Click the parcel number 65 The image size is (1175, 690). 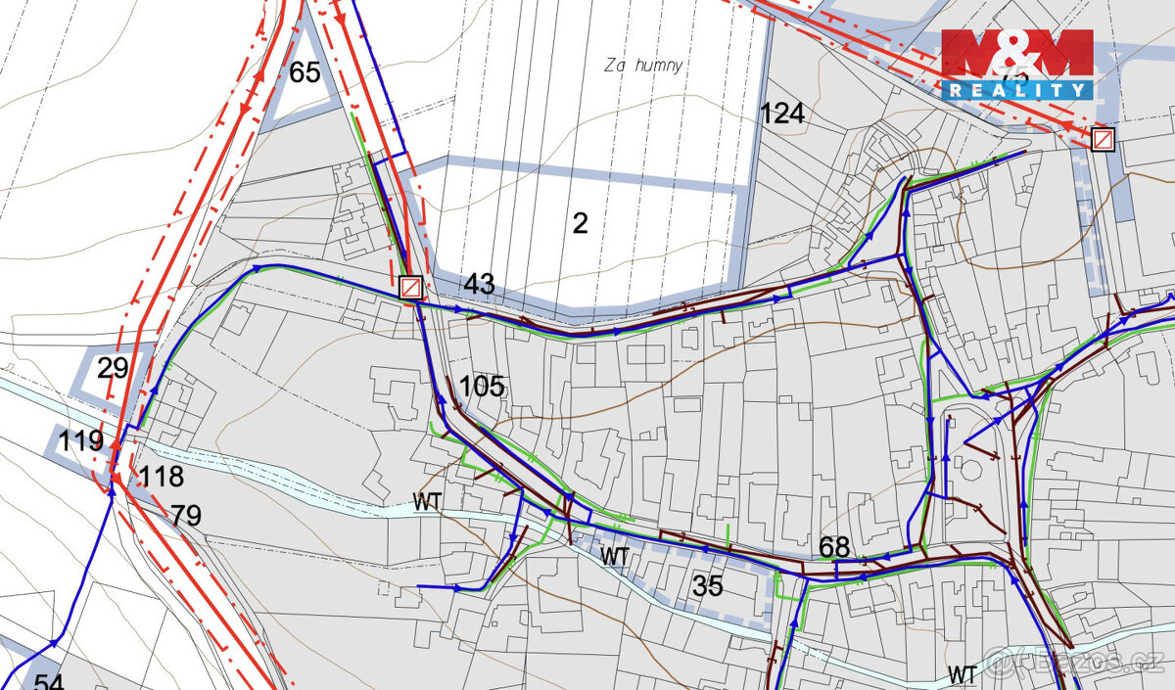tap(305, 72)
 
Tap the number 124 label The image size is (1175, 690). tap(782, 114)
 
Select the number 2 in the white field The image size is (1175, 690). tap(580, 223)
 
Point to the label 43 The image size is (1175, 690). tap(479, 285)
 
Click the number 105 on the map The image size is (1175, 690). tap(482, 387)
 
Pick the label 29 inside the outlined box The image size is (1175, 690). tap(114, 369)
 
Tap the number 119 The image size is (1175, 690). tap(81, 441)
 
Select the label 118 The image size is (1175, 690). tap(162, 478)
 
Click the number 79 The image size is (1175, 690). tap(186, 515)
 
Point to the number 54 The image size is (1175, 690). tap(50, 681)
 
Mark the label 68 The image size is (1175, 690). tap(834, 547)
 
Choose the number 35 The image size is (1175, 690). tap(708, 586)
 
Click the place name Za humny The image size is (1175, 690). tap(643, 66)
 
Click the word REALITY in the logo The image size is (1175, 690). tap(1017, 90)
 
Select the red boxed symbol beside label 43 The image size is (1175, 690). tap(411, 288)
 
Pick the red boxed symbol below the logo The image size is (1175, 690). tap(1103, 139)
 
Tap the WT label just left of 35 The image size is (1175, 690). tap(614, 556)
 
